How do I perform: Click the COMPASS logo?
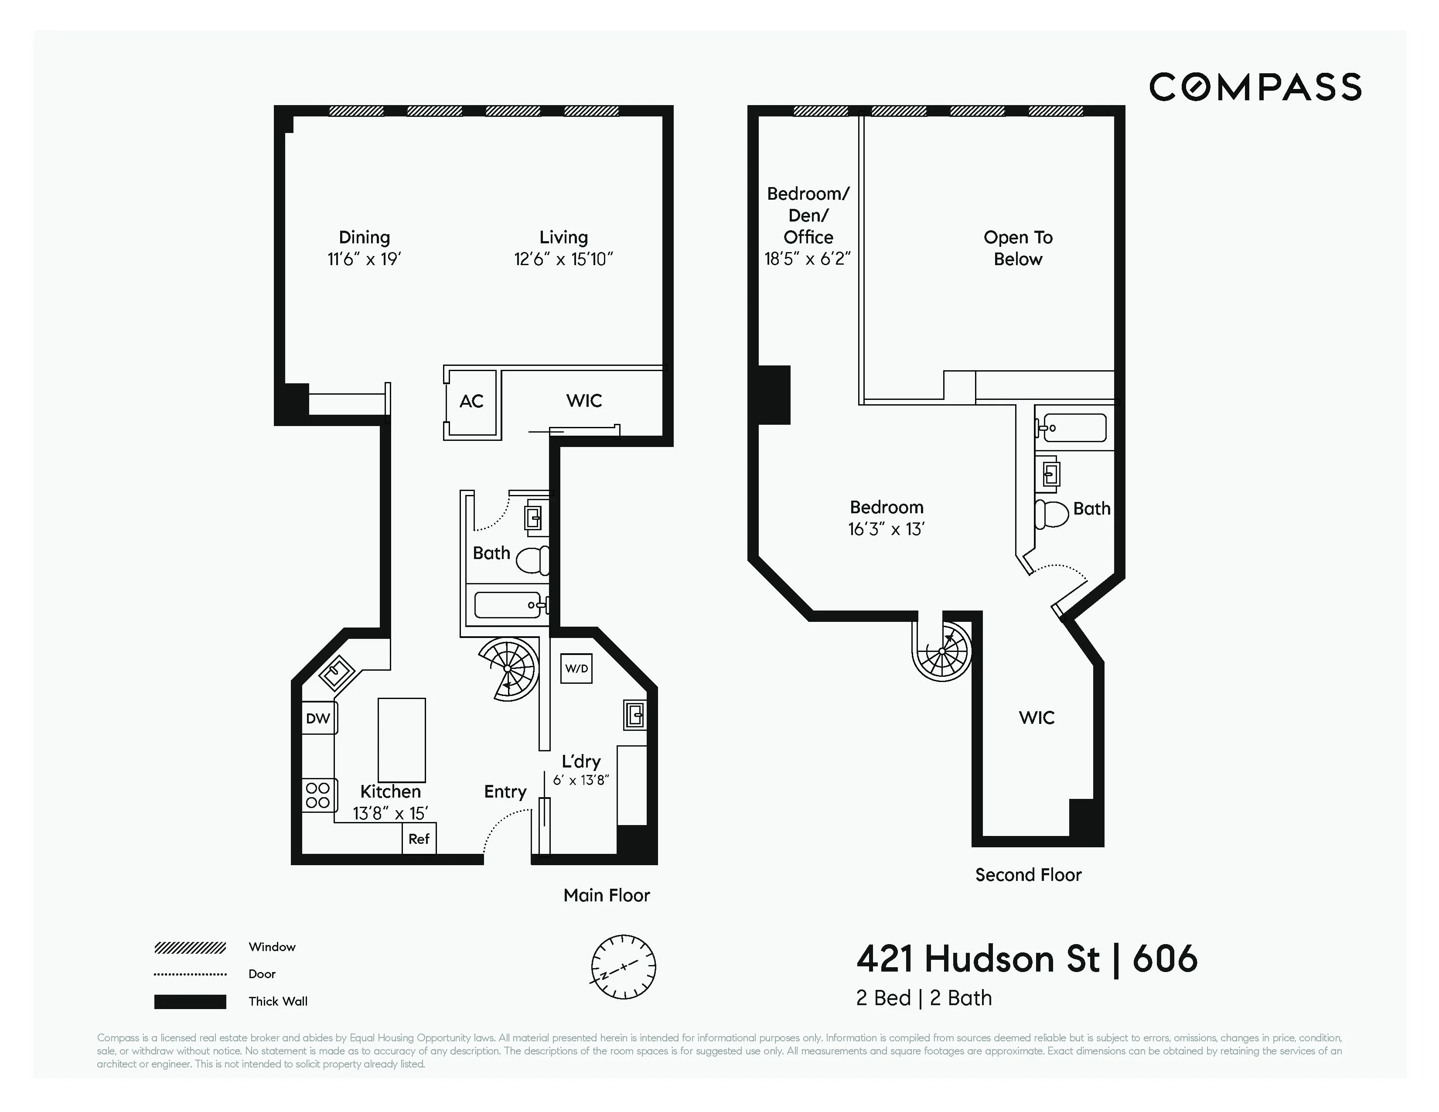[x=1255, y=87]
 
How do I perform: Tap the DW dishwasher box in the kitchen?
[x=318, y=718]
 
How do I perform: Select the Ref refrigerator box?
[x=419, y=839]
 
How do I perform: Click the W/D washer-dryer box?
[x=576, y=669]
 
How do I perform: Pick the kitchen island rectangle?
[x=401, y=740]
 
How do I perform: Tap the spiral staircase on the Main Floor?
[x=508, y=669]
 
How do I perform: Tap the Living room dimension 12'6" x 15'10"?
[x=563, y=259]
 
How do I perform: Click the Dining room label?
[x=365, y=237]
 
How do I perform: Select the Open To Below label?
[x=1018, y=248]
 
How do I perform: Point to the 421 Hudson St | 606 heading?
[x=1026, y=959]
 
